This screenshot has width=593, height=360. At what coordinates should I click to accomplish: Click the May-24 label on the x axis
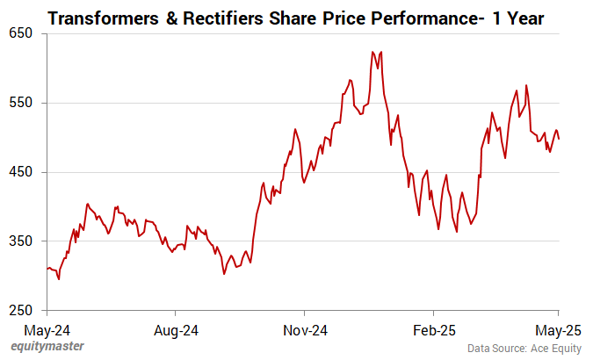(47, 331)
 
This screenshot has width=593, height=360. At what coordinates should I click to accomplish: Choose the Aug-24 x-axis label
(176, 331)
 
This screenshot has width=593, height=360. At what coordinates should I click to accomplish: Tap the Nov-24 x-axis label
(304, 331)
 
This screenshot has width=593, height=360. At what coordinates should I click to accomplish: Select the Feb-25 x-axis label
(433, 331)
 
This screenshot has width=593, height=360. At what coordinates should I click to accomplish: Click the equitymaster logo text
(48, 347)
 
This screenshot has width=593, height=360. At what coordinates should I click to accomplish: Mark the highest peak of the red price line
(372, 52)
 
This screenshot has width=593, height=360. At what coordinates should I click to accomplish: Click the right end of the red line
(560, 139)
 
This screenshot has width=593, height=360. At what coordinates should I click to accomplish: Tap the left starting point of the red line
(47, 269)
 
